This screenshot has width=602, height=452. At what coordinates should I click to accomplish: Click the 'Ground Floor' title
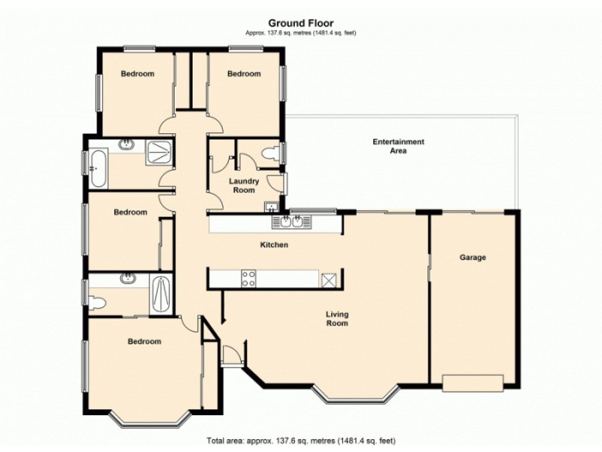tap(300, 23)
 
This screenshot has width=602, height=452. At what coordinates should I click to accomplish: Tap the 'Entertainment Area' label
tap(399, 146)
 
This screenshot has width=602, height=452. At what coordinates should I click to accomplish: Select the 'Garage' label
tap(473, 258)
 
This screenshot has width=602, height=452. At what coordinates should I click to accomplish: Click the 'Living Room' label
tap(336, 319)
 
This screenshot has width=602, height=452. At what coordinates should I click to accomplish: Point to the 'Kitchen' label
tap(274, 245)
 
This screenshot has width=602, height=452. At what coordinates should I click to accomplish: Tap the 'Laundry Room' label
tap(245, 185)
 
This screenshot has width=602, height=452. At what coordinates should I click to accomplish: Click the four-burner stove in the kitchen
tap(248, 278)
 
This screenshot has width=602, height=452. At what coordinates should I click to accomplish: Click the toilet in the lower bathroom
tap(96, 303)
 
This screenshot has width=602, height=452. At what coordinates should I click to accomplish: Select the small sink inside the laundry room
tap(271, 206)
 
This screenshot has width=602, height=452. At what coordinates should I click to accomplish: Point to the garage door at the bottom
tap(472, 383)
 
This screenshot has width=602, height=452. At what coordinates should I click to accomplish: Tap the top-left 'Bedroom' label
tap(137, 74)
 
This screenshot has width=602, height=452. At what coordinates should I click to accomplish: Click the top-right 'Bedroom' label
tap(244, 74)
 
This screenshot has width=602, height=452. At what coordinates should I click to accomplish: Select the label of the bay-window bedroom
tap(144, 341)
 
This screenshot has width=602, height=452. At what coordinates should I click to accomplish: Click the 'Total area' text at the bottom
tap(300, 440)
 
